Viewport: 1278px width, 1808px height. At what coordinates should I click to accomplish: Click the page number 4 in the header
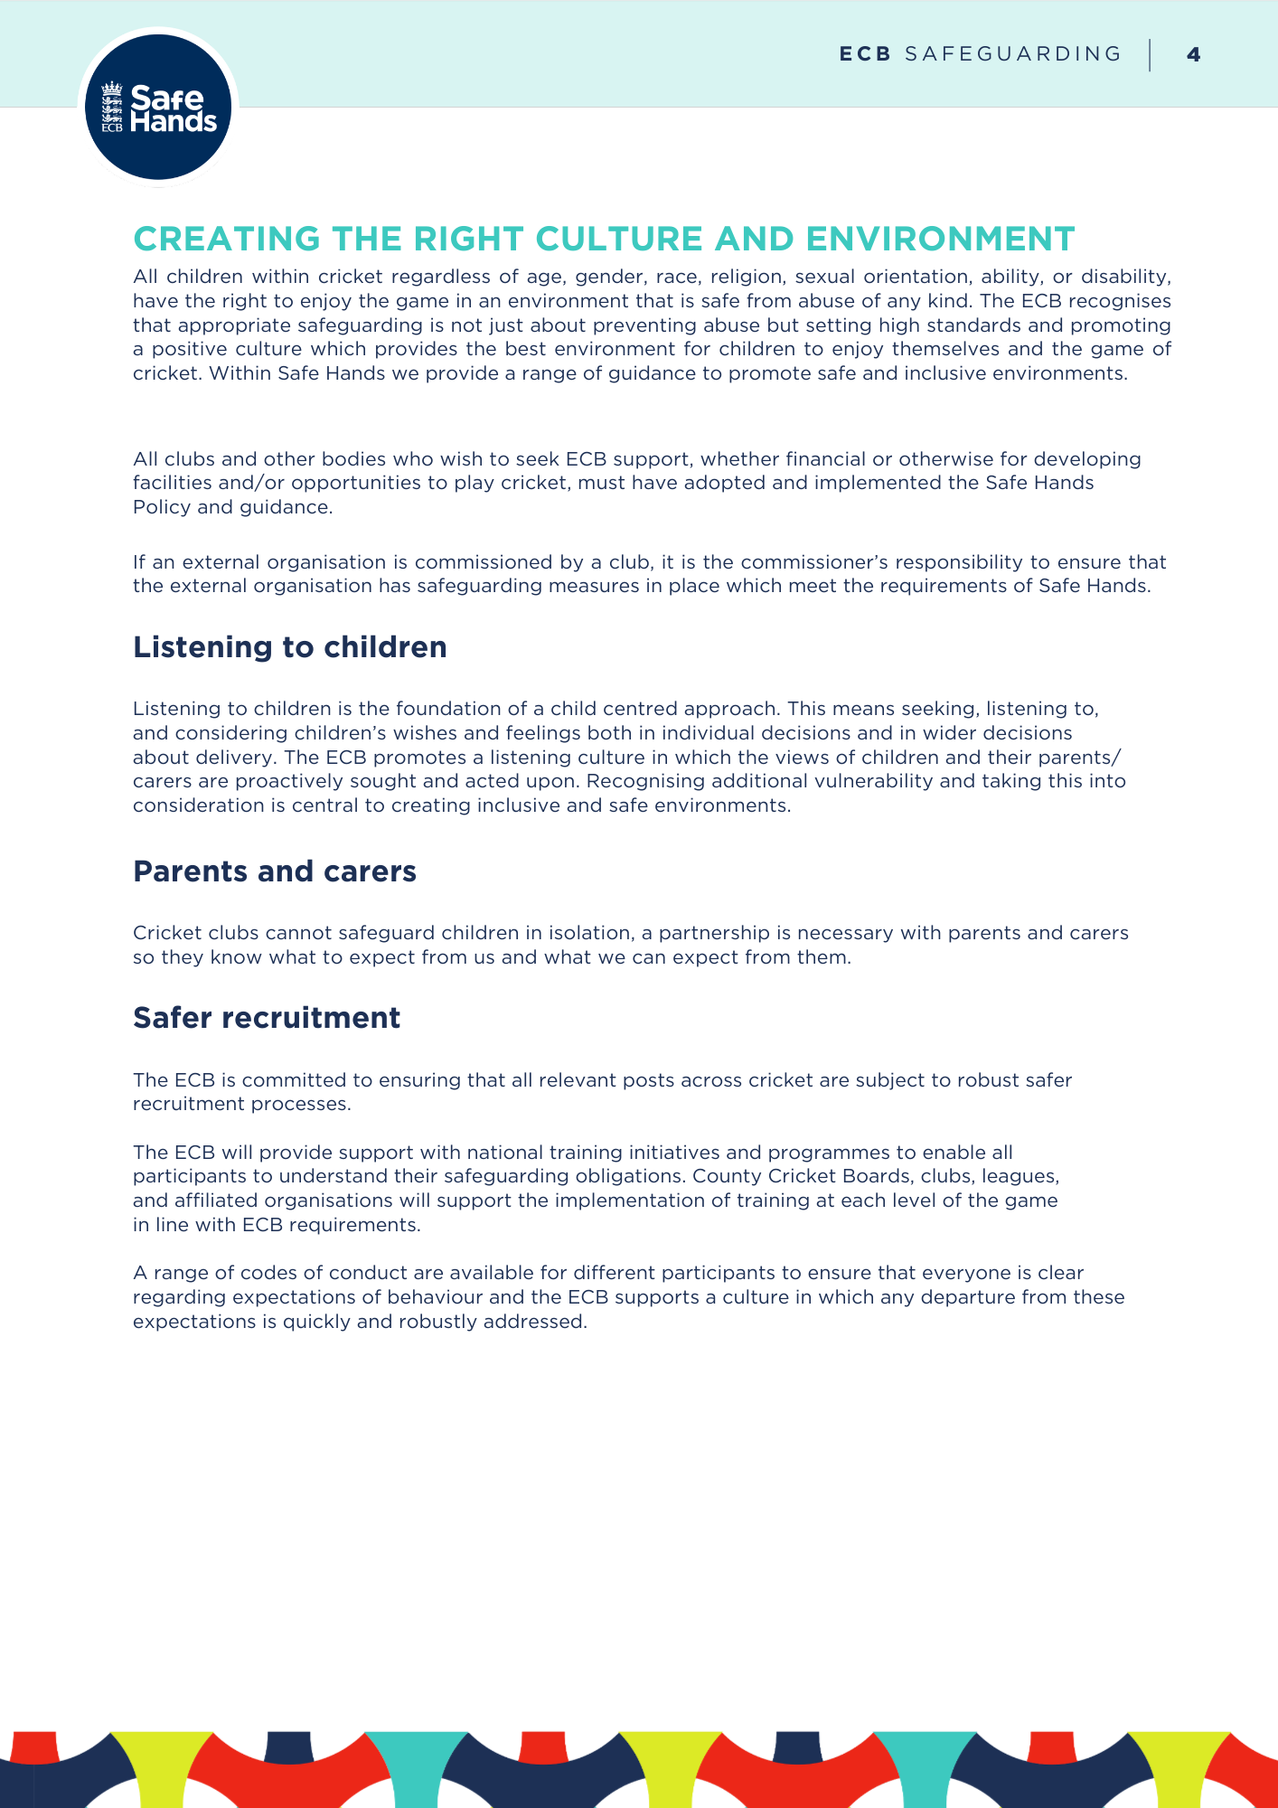pos(1193,54)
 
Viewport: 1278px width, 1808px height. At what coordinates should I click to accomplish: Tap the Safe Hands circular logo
pos(158,107)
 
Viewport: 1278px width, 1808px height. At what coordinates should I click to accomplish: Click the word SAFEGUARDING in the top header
pos(1012,54)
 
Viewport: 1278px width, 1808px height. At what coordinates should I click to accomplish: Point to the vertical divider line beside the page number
pos(1150,54)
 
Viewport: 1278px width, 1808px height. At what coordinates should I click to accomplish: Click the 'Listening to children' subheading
pos(289,647)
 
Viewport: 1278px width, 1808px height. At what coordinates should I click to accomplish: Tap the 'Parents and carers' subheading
pos(274,871)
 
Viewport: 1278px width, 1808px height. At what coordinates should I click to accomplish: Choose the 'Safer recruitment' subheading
pos(266,1018)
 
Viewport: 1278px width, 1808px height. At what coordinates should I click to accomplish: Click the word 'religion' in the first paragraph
pos(747,277)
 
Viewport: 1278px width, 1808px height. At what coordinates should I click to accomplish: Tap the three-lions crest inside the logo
pos(111,107)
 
